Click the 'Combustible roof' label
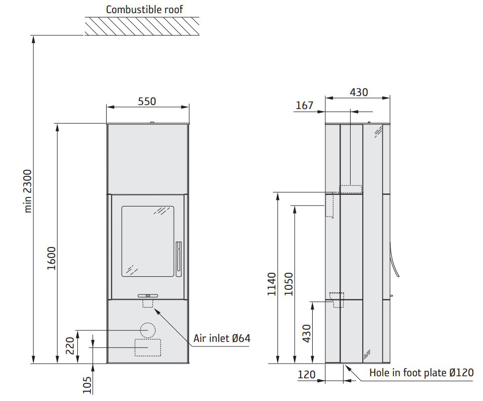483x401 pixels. click(144, 10)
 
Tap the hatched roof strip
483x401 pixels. click(142, 26)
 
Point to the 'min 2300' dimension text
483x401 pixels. click(28, 191)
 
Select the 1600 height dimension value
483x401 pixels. click(52, 258)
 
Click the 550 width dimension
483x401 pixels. click(147, 102)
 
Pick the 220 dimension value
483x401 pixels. click(70, 345)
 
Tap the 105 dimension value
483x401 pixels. click(87, 385)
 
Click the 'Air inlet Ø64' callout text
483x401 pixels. click(222, 338)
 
